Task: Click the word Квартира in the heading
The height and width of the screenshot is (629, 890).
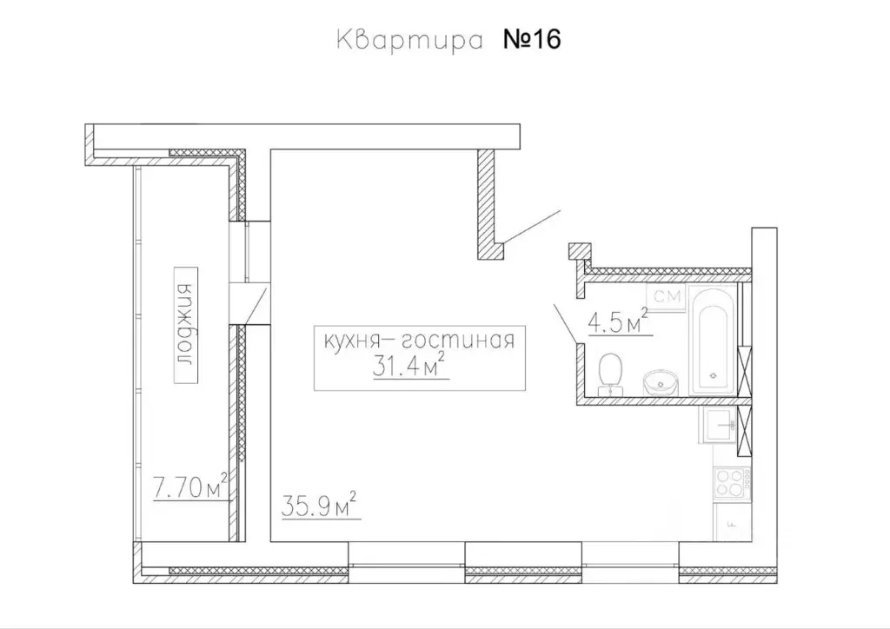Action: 408,41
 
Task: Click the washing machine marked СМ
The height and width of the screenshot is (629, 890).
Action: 667,298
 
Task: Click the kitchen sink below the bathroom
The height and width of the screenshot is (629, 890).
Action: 721,427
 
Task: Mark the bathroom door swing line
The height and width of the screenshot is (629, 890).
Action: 567,323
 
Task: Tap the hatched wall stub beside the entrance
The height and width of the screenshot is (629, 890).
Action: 488,204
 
